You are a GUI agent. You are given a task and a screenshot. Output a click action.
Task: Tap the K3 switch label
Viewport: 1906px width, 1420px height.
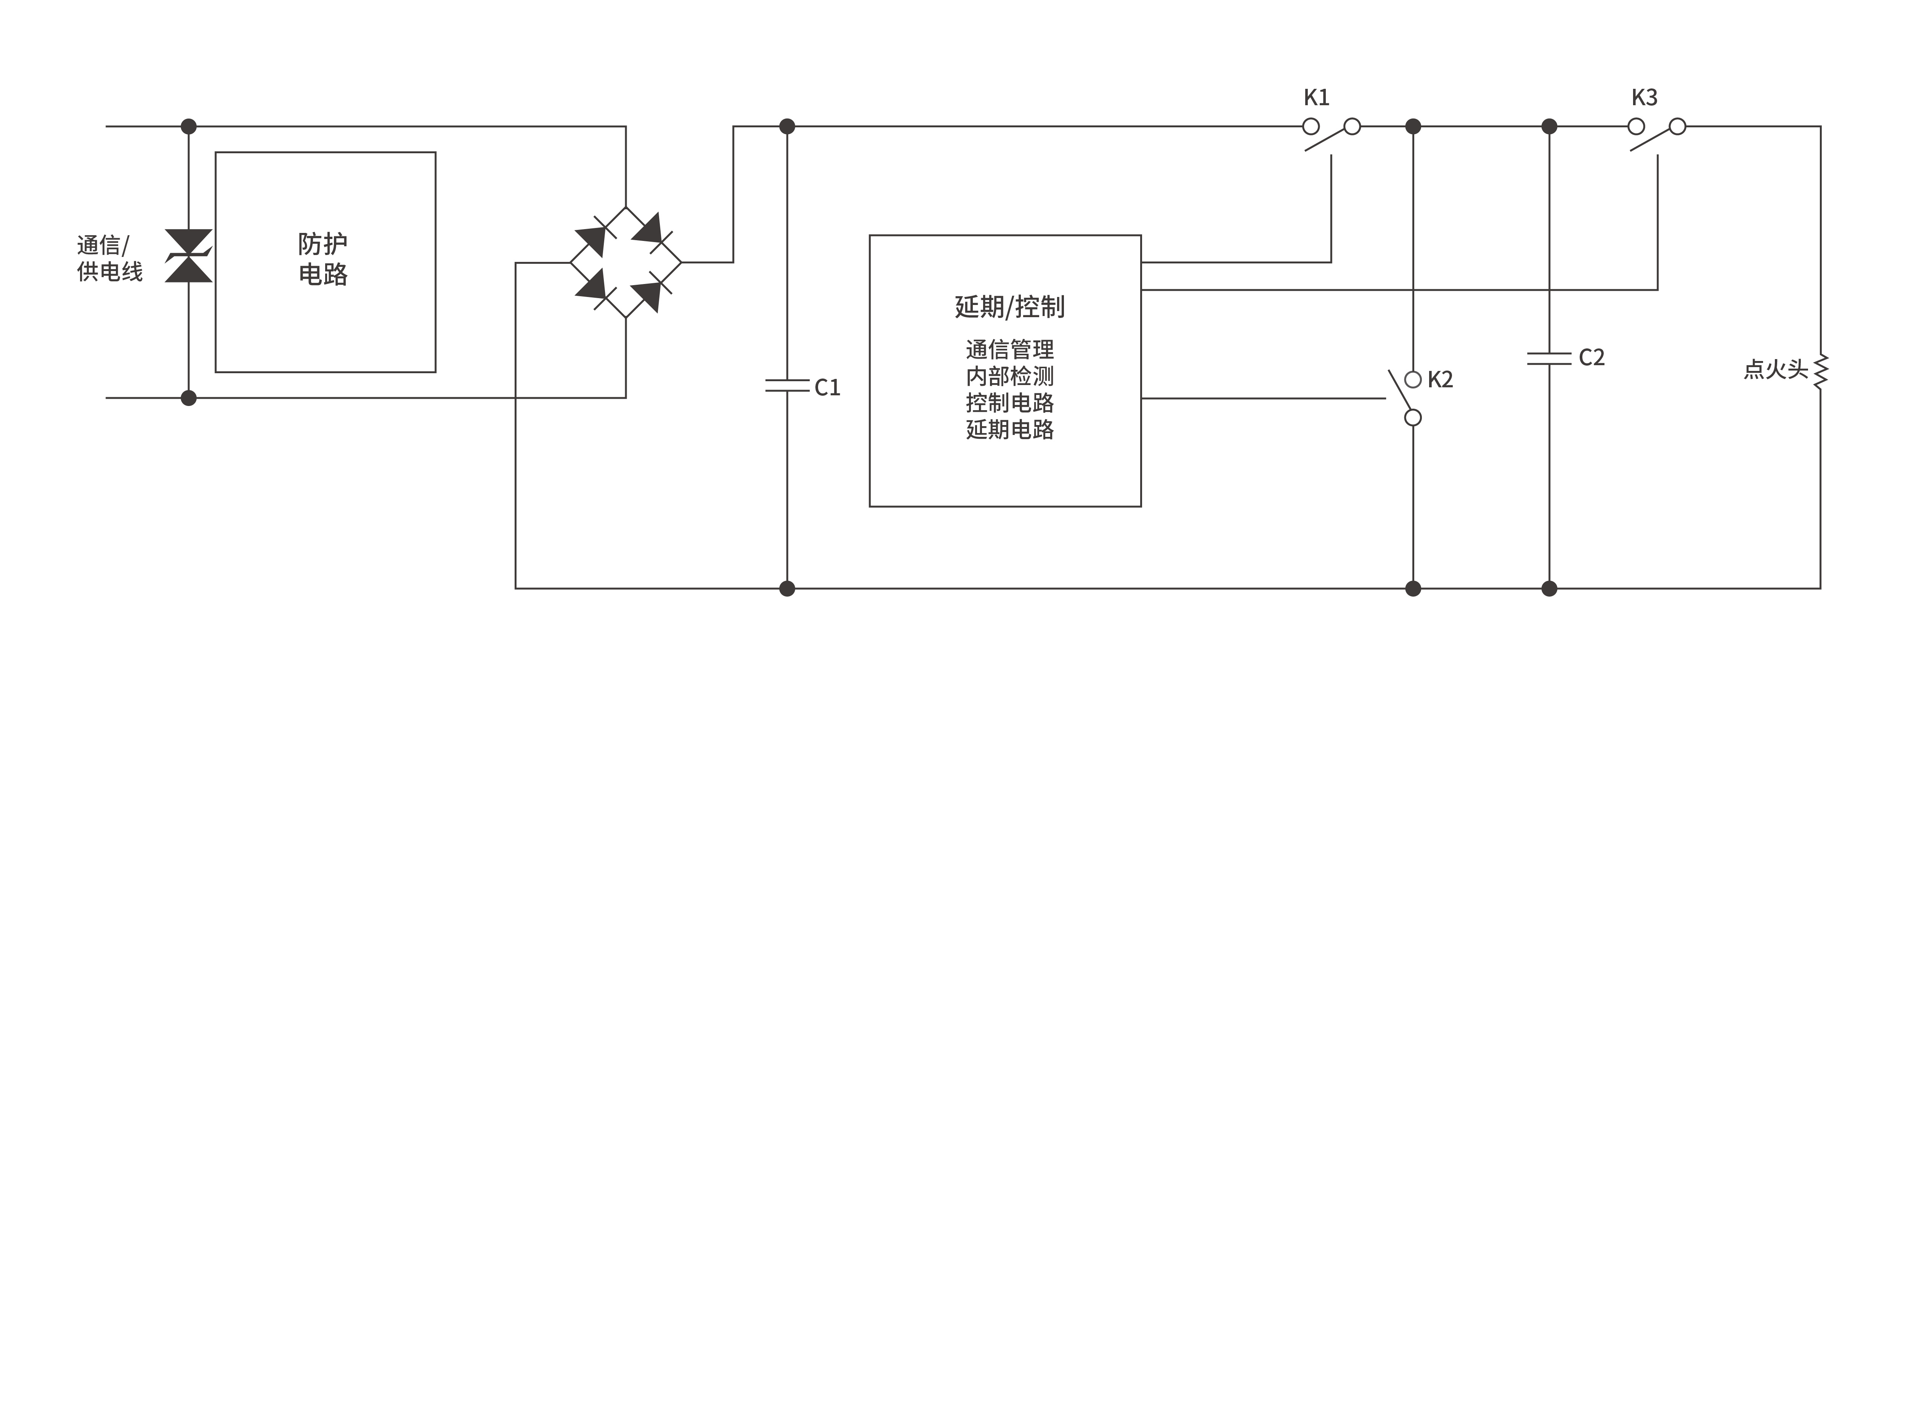(x=1644, y=97)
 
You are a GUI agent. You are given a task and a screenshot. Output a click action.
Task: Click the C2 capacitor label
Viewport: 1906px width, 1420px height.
(x=1592, y=358)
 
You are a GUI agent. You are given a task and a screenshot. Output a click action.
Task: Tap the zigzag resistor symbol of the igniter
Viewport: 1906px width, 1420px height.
(x=1820, y=372)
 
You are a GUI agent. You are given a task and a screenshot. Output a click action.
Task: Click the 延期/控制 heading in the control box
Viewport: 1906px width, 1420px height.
(x=1010, y=307)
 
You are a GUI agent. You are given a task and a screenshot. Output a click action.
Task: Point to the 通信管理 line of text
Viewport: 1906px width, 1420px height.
(x=1010, y=350)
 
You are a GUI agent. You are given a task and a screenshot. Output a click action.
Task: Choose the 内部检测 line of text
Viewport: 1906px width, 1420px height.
(x=1010, y=377)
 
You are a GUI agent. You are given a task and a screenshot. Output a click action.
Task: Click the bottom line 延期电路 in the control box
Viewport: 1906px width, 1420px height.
(x=1010, y=430)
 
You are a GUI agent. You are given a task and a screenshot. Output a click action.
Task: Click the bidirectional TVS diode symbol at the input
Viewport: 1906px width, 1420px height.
(x=188, y=256)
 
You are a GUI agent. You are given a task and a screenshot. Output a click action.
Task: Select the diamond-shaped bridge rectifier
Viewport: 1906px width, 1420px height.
(x=626, y=262)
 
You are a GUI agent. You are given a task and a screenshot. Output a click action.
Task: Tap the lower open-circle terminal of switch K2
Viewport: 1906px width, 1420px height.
(x=1413, y=418)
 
